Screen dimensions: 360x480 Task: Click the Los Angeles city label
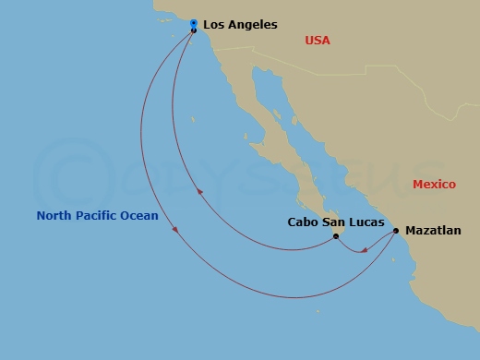pyautogui.click(x=240, y=25)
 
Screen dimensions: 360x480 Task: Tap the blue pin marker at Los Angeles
pyautogui.click(x=193, y=23)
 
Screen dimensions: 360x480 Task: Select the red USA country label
pyautogui.click(x=318, y=41)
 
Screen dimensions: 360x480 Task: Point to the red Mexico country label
pyautogui.click(x=434, y=185)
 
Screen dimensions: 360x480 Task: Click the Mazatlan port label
pyautogui.click(x=433, y=231)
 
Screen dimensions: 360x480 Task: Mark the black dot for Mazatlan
pyautogui.click(x=396, y=231)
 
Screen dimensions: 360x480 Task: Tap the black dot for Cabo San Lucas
pyautogui.click(x=336, y=236)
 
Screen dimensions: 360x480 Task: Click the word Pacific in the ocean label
pyautogui.click(x=98, y=216)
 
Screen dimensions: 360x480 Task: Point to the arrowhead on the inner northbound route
pyautogui.click(x=199, y=192)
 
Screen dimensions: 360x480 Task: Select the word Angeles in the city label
pyautogui.click(x=252, y=25)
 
